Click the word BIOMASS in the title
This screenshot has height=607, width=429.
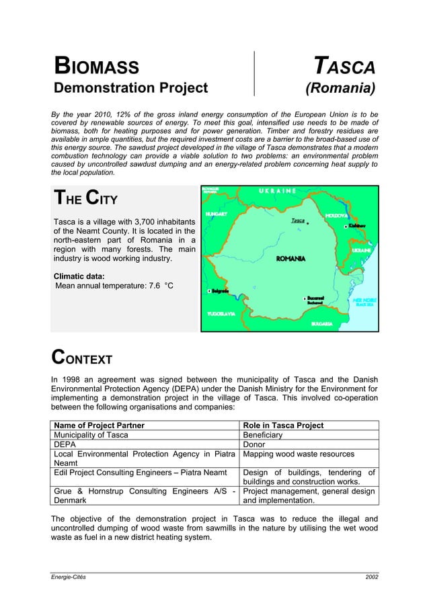click(97, 67)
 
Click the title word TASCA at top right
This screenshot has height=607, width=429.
click(345, 67)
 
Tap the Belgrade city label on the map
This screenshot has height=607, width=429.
click(219, 290)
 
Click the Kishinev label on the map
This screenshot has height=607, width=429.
click(357, 227)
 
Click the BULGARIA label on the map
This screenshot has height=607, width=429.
click(321, 324)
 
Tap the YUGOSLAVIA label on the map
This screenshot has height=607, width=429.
click(221, 313)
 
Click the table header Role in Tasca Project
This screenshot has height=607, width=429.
click(283, 425)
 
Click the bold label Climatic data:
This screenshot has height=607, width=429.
click(79, 276)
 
